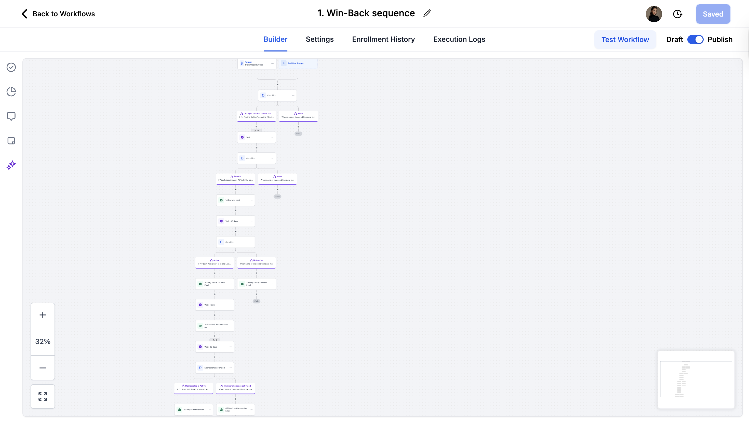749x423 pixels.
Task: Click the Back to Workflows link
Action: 58,14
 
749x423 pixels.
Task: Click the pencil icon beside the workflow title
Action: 427,14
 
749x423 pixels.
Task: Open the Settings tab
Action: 319,39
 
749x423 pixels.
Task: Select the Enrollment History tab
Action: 383,39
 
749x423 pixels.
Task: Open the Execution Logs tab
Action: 459,39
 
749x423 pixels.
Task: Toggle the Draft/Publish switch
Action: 695,39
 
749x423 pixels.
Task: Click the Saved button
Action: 713,14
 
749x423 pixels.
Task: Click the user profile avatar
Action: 654,14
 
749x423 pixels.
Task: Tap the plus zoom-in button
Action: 43,315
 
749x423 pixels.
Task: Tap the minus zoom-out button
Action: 43,368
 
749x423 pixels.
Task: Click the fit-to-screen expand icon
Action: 43,396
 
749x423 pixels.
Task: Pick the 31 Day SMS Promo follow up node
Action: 214,326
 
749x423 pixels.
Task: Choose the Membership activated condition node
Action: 214,368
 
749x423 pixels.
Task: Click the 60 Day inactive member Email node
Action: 235,409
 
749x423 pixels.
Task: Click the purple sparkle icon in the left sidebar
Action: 11,165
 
